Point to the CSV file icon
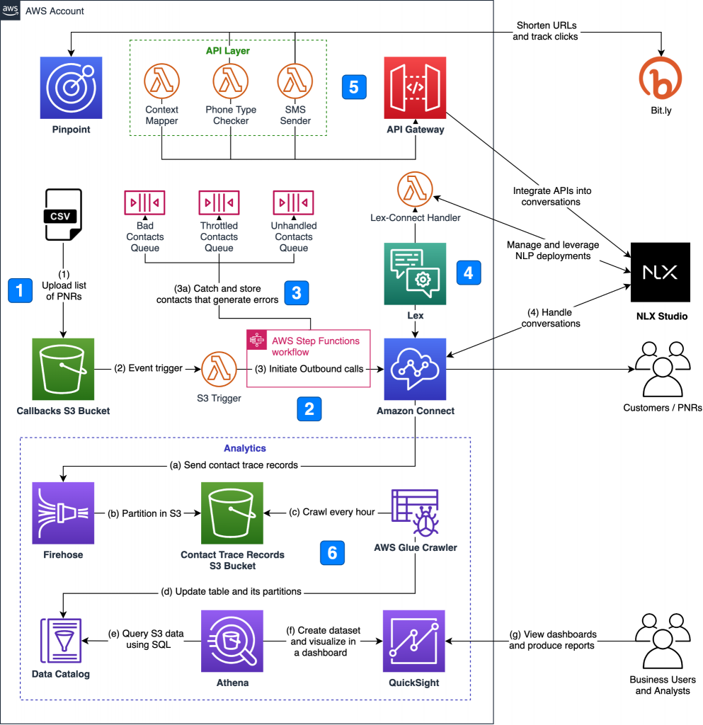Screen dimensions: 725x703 (62, 214)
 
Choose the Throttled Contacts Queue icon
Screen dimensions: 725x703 (219, 201)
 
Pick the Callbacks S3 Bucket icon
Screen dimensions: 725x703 (64, 370)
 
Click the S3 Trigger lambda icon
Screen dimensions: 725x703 (219, 370)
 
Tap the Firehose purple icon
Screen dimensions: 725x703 (63, 513)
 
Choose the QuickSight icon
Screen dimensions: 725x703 (413, 641)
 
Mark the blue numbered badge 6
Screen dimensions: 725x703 (332, 552)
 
